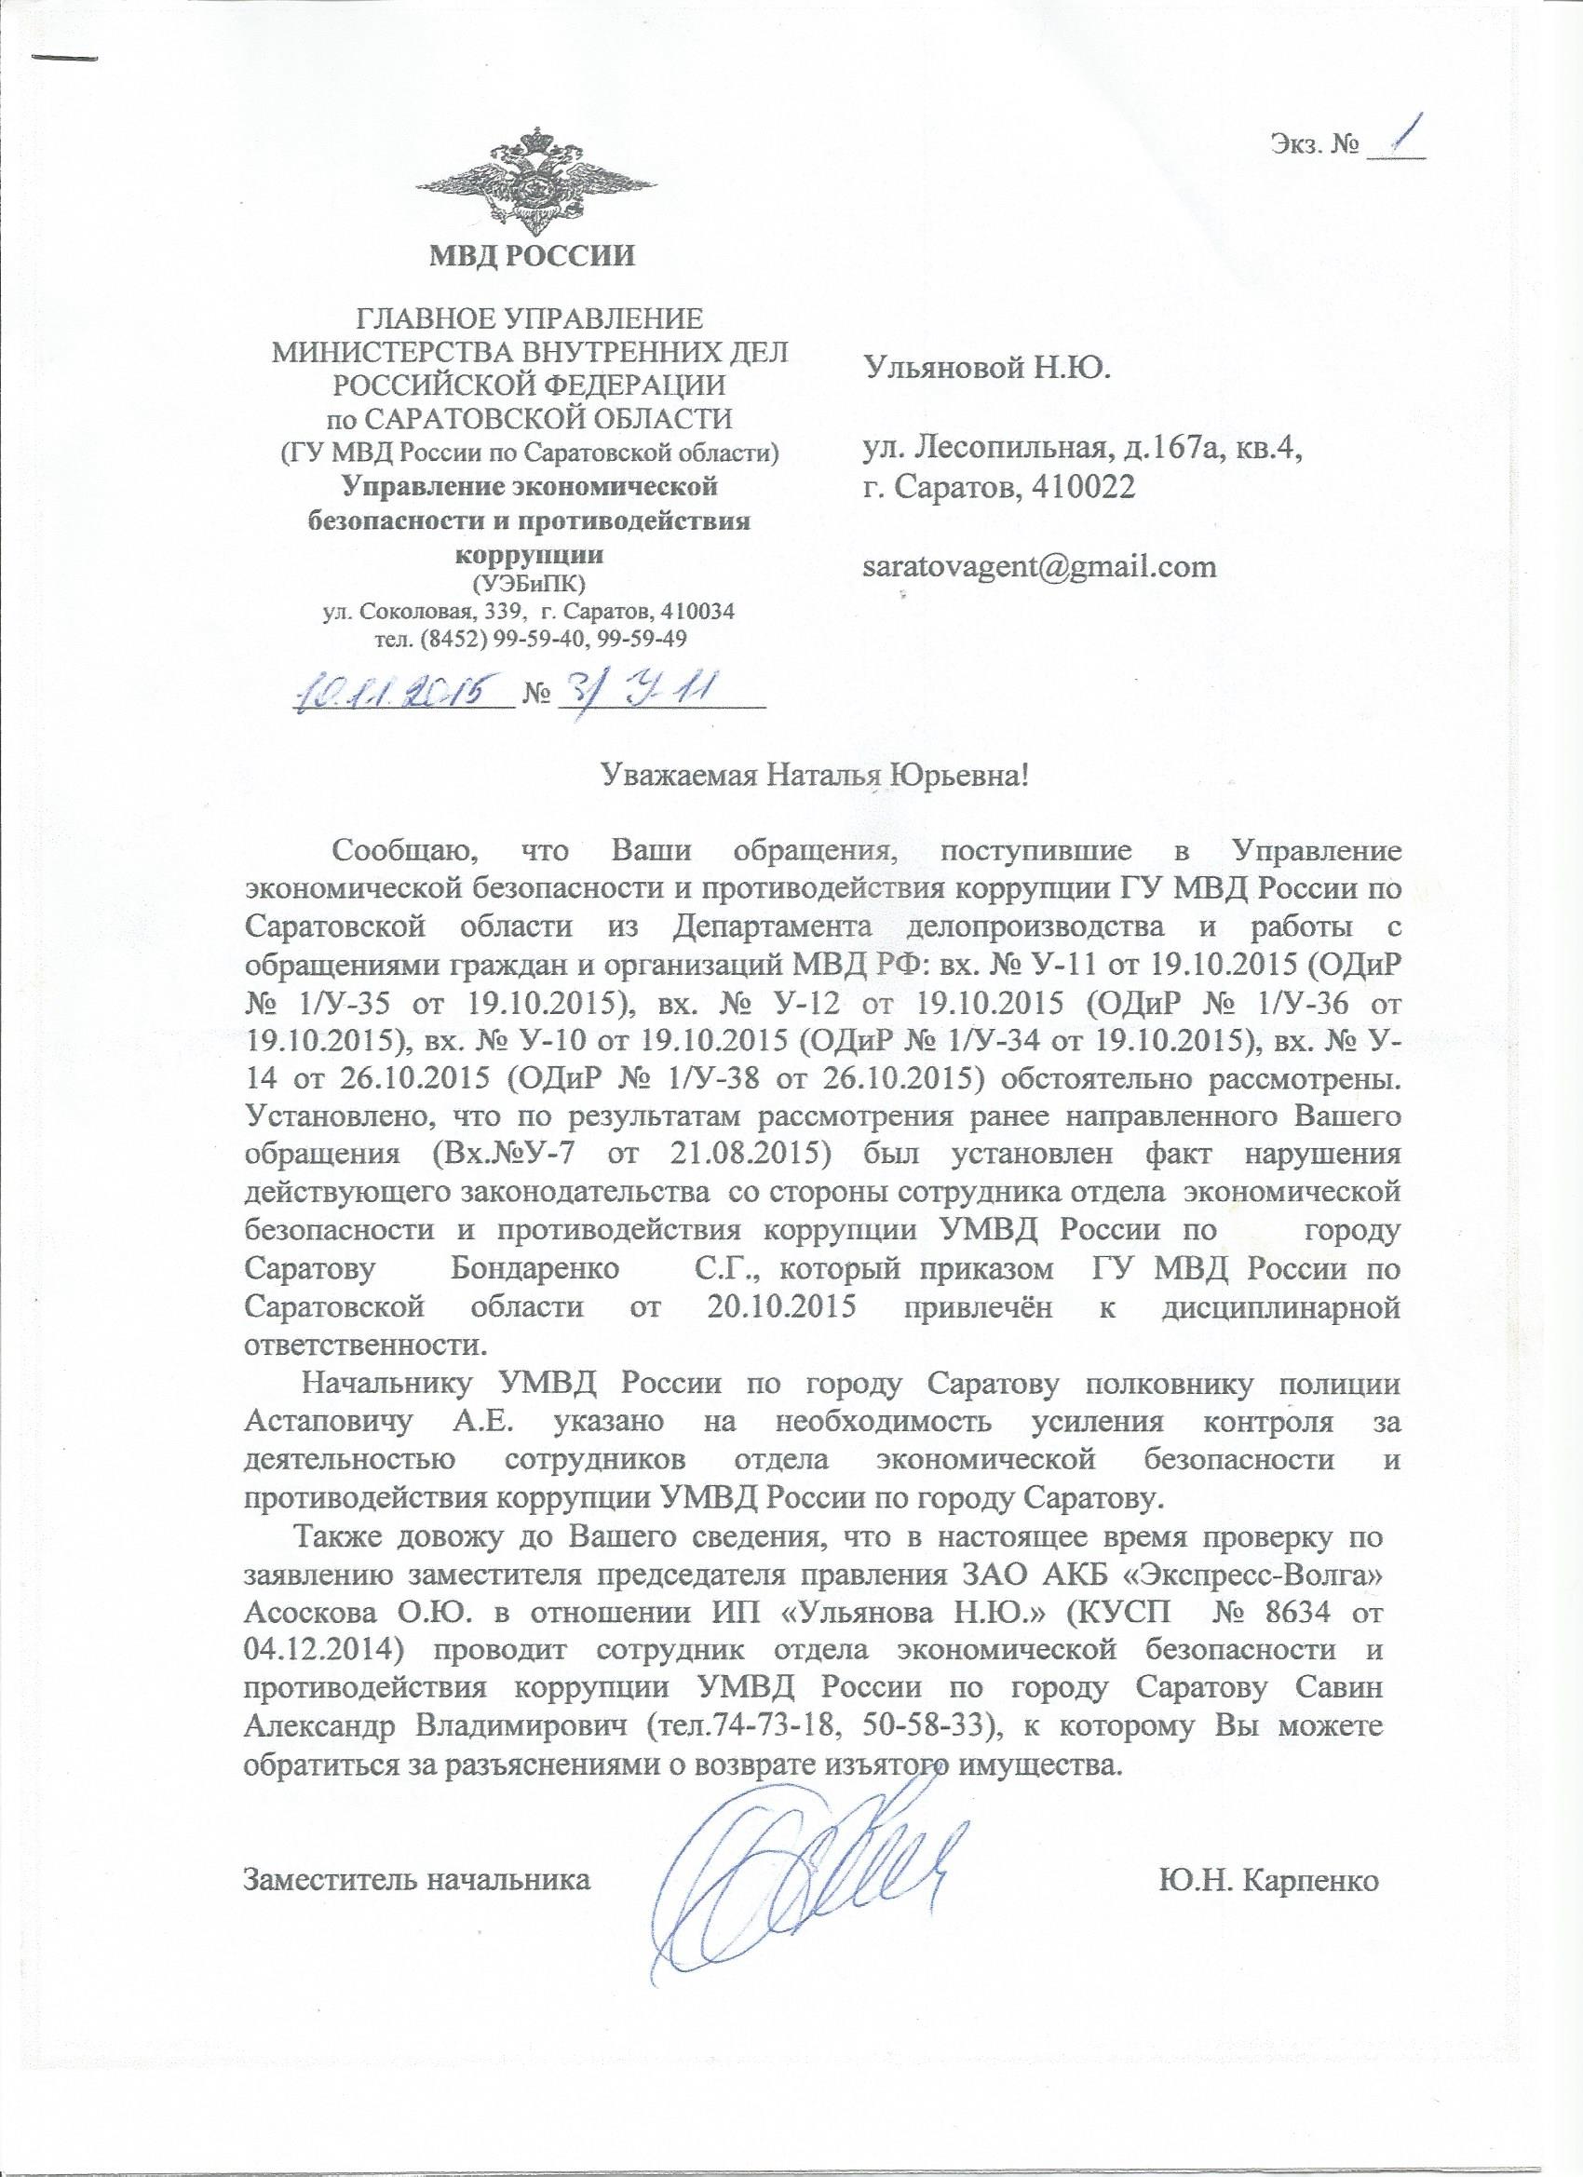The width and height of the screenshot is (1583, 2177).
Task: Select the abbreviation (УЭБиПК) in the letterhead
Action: click(531, 585)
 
